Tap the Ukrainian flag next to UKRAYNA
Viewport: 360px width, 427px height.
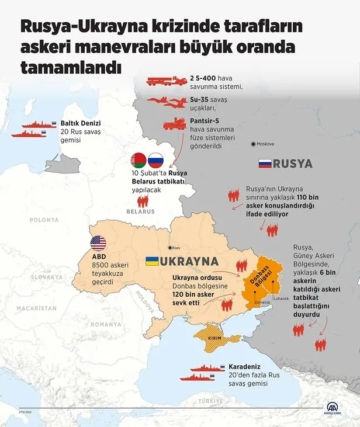(x=153, y=261)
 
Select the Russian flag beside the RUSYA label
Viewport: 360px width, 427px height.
(x=265, y=164)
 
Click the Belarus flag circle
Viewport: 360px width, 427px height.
(x=139, y=159)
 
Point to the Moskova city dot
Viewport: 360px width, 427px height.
(x=252, y=144)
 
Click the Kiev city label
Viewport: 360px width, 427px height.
(x=176, y=248)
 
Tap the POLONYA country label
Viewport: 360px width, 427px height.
(x=44, y=220)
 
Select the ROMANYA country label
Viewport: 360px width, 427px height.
(x=106, y=324)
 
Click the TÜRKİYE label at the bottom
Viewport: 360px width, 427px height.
(x=211, y=401)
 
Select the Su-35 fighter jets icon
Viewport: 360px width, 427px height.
(x=165, y=102)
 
